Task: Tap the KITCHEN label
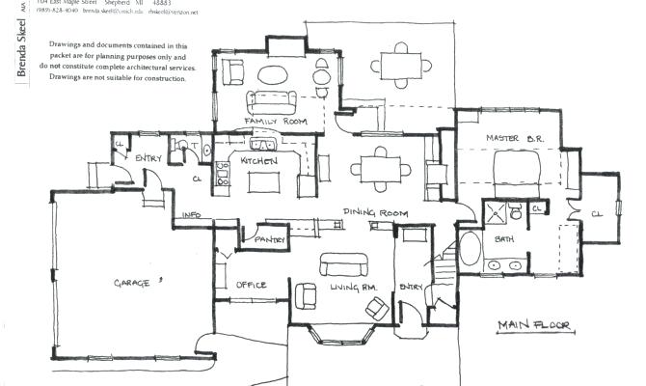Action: [259, 160]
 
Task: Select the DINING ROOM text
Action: [376, 213]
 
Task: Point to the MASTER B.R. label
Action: [515, 139]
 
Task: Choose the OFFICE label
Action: [251, 285]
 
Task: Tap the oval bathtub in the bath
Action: [470, 250]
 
